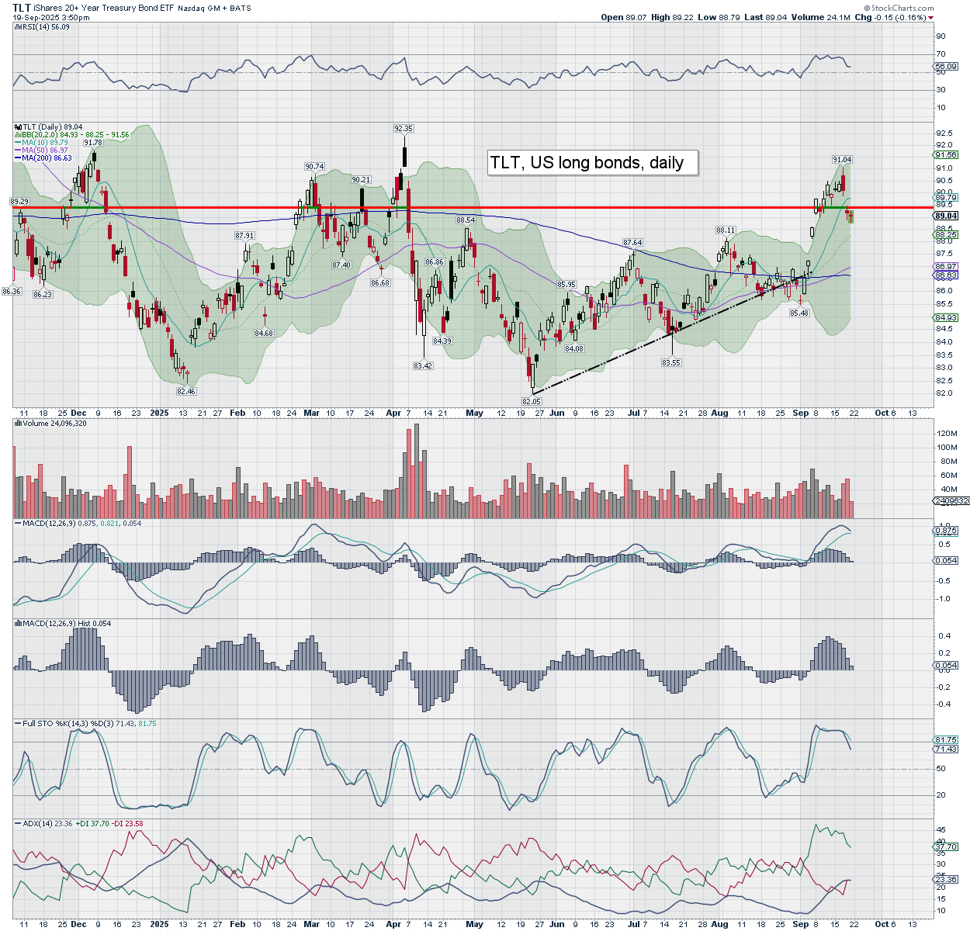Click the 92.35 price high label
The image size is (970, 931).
[x=404, y=129]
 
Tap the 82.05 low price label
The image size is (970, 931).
[x=531, y=401]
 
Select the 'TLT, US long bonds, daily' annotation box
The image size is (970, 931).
[x=593, y=163]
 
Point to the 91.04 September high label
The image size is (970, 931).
[x=842, y=160]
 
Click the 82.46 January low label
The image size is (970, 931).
[x=186, y=392]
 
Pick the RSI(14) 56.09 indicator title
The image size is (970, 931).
[x=45, y=27]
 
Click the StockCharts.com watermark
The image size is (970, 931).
[x=902, y=8]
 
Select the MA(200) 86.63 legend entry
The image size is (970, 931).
[x=47, y=158]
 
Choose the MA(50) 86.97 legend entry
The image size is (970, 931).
[x=45, y=151]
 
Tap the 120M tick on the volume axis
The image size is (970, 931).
[x=947, y=433]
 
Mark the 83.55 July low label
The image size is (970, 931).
[x=671, y=362]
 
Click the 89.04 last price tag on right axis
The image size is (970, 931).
[x=946, y=216]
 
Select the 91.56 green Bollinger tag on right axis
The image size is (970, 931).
[x=946, y=155]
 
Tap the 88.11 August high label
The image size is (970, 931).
[x=726, y=230]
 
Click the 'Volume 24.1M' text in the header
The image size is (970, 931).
[x=820, y=17]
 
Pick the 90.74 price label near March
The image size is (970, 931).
[x=314, y=167]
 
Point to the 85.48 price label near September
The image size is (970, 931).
[x=799, y=313]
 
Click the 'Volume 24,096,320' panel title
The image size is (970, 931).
[x=54, y=424]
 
